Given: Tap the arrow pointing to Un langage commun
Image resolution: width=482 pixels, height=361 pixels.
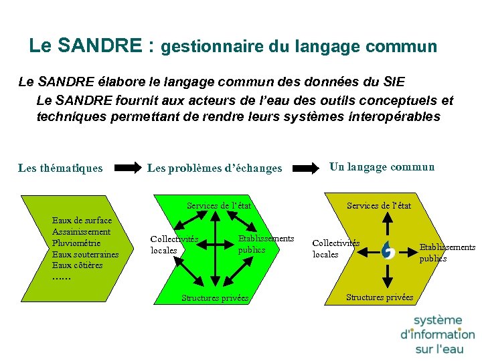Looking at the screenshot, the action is pos(307,168).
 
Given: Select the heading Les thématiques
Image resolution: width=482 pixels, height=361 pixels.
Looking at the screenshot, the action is pos(60,168).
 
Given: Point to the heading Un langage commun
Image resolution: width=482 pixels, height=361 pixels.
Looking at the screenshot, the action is pos(382,167).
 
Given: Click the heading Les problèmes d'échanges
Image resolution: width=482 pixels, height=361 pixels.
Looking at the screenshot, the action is pos(214,168).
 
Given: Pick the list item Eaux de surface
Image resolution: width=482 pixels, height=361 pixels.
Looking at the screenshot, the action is pos(82,220).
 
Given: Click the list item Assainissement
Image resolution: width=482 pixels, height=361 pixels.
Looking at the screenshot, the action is pos(81,231).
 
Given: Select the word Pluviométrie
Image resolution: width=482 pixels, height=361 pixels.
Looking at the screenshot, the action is pos(76,243).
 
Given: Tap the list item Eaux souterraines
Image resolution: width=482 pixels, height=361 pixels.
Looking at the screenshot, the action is pos(85,254).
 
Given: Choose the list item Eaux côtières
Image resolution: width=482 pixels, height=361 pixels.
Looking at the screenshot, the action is pos(77,265).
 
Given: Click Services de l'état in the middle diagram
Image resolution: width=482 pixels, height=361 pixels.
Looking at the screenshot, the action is pos(219,206).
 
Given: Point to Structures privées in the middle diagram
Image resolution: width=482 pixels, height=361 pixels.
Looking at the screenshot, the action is pos(215,298).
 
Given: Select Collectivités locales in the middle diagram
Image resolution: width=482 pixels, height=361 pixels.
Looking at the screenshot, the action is pos(173,245).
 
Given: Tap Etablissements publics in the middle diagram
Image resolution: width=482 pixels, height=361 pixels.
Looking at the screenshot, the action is pos(265,244).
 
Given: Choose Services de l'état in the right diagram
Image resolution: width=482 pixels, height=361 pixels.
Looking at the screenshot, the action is pos(379,206).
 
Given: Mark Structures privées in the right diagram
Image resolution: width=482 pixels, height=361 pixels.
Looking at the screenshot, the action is pos(380,297).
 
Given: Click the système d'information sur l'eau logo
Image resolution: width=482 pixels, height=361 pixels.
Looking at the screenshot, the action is pos(437,334).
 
